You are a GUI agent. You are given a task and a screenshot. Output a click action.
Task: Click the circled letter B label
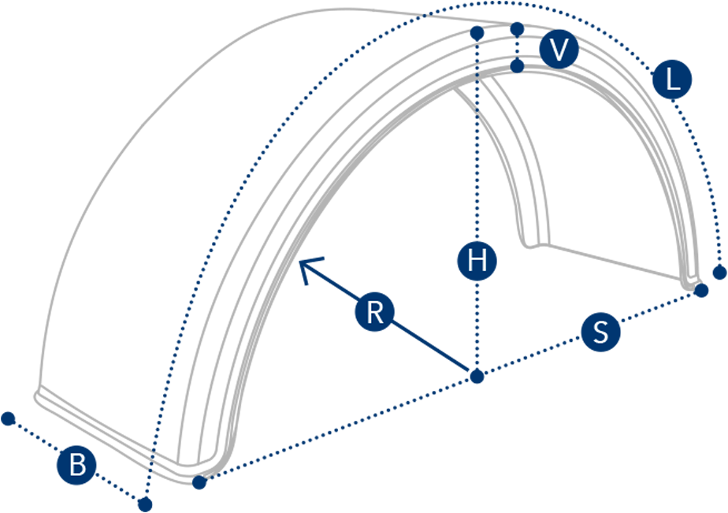pos(77,465)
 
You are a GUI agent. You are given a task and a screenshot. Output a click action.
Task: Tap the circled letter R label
pos(375,312)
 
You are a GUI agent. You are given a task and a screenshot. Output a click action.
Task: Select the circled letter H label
pos(477,260)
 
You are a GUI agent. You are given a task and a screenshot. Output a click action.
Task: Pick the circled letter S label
pos(600,332)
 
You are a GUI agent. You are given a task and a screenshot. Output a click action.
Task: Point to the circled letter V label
pos(559,50)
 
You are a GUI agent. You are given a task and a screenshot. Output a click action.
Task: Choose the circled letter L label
pos(672,80)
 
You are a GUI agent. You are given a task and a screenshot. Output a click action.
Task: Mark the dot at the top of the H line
pos(477,32)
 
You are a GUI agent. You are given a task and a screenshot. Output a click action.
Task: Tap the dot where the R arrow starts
pos(477,376)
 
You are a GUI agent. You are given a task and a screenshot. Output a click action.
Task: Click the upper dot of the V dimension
pos(517,29)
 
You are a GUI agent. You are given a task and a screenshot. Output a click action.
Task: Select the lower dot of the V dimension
pos(517,65)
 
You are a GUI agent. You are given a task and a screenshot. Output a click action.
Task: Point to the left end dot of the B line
pos(8,418)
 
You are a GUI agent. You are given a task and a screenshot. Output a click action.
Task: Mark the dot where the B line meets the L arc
pos(144,503)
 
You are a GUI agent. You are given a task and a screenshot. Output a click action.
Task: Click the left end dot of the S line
pos(199,482)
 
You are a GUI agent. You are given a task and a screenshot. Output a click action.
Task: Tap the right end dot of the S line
pos(701,290)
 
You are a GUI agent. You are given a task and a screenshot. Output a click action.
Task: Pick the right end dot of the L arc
pos(719,273)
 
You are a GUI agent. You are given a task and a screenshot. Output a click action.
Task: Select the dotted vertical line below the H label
pos(477,323)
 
